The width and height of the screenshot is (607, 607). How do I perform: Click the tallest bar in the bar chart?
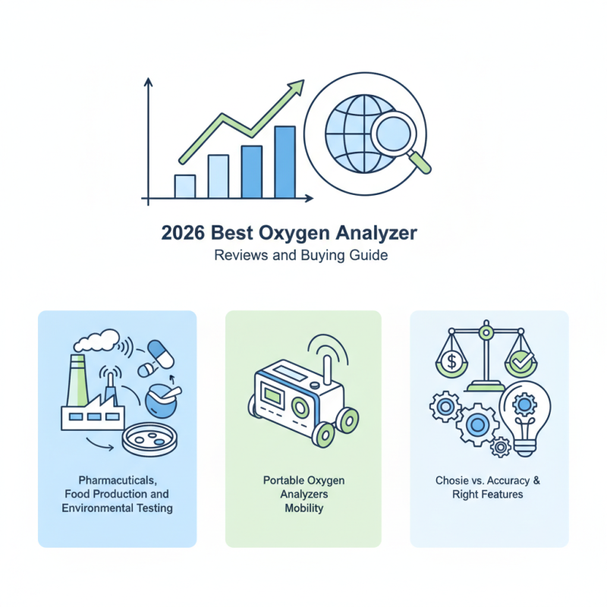(285, 162)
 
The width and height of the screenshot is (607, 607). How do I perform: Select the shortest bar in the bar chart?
(185, 186)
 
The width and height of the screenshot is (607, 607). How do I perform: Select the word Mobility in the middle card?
(303, 508)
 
